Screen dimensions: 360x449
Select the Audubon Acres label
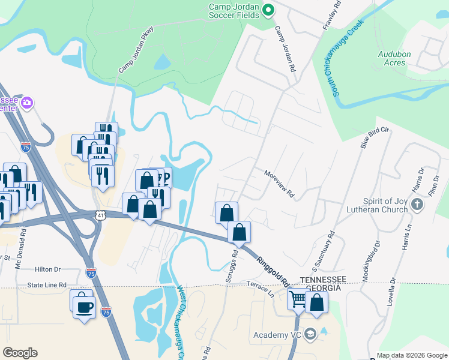click(394, 58)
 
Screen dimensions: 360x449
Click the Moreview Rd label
click(280, 184)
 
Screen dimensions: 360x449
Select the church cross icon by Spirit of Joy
click(418, 205)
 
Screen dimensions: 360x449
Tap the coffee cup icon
click(84, 308)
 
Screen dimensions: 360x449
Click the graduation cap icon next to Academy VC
click(310, 334)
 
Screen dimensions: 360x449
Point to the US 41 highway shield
click(99, 214)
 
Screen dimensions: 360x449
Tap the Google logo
click(20, 353)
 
